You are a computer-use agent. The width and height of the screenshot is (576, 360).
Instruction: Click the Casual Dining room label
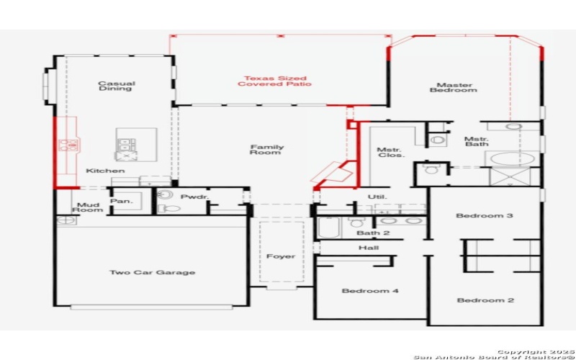pos(117,86)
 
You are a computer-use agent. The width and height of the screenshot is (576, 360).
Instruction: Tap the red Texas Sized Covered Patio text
pos(275,81)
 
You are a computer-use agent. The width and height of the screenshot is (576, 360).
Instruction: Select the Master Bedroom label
pos(453,86)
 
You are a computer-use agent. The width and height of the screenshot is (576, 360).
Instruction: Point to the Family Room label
pos(267,150)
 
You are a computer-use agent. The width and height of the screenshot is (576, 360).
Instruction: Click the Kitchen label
pos(105,171)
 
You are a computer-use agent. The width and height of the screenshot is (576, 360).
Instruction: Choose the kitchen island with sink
pos(126,145)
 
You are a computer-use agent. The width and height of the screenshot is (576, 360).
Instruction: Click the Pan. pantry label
pos(122,202)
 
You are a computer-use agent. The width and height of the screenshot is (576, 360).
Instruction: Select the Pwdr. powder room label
pos(194,197)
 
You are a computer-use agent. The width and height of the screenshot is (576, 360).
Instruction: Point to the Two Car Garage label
pos(152,273)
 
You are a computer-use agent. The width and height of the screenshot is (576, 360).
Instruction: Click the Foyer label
pos(281,256)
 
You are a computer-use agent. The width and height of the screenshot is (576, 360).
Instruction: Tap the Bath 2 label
pos(373,233)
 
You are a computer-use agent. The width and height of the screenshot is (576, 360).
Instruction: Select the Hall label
pos(368,248)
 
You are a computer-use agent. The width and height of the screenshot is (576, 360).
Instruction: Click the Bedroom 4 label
pos(370,291)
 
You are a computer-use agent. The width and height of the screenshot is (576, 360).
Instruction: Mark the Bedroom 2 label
pos(485,300)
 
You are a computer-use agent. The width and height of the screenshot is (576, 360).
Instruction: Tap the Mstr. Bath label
pos(476,142)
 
